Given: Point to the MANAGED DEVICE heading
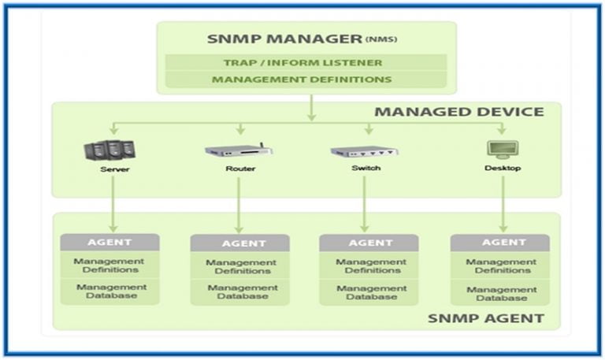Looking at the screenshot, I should coord(458,111).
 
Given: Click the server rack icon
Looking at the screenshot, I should coord(109,149).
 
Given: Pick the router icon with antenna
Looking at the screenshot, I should coord(238,149).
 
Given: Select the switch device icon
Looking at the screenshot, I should coord(364,150).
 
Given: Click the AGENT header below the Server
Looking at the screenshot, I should coord(109,242).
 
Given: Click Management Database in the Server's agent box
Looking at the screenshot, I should coord(111,291).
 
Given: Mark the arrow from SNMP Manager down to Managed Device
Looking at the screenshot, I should coord(311,107).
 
